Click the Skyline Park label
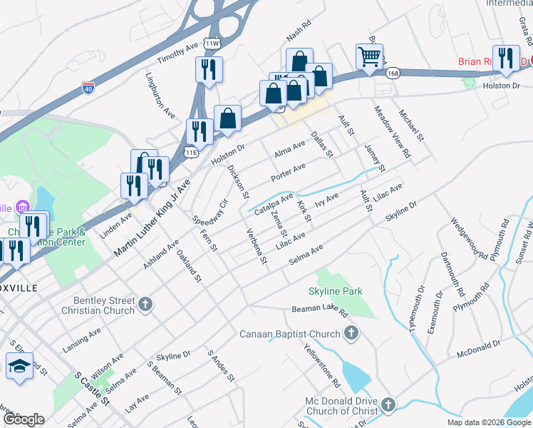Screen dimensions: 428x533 (335, 291)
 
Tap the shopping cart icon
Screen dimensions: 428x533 (368, 57)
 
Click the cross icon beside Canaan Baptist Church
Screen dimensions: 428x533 (351, 333)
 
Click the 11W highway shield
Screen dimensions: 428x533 (212, 44)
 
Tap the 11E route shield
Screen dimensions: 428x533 (190, 152)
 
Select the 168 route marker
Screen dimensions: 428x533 (393, 73)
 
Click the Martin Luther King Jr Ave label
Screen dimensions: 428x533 (153, 218)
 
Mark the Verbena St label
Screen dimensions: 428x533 (255, 245)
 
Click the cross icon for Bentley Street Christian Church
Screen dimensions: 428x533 (145, 305)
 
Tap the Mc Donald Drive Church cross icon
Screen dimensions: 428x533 (388, 404)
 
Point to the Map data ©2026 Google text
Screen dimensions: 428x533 (488, 422)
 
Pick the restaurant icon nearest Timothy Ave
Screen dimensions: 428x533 (209, 70)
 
